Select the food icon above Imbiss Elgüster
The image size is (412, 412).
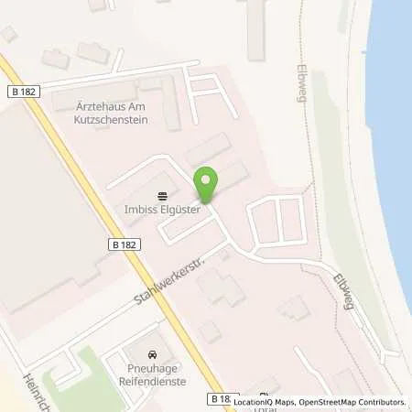click(163, 194)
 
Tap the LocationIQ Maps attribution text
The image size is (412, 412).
click(266, 402)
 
